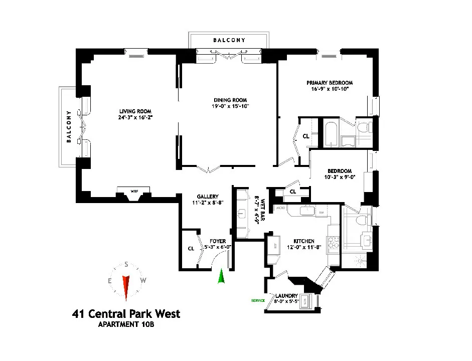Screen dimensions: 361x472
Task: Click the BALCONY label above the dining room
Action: click(x=229, y=40)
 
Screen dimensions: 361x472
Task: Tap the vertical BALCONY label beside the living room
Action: click(x=68, y=127)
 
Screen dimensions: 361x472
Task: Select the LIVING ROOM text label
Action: click(x=135, y=111)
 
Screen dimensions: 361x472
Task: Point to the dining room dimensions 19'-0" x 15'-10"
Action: click(x=230, y=106)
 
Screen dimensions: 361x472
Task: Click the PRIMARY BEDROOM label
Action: click(x=330, y=83)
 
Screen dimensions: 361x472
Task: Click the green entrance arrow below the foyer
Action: click(x=221, y=276)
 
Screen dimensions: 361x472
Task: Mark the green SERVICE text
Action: click(x=258, y=301)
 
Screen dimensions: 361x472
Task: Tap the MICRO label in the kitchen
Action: click(x=280, y=208)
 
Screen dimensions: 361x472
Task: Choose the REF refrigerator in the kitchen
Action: click(x=274, y=246)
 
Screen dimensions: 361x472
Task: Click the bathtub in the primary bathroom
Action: click(x=331, y=134)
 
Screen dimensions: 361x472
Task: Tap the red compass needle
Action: click(x=126, y=288)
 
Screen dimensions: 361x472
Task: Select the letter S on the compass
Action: click(x=126, y=265)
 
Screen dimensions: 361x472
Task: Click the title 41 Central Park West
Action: click(x=126, y=314)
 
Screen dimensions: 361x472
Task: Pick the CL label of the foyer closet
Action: click(x=191, y=248)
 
